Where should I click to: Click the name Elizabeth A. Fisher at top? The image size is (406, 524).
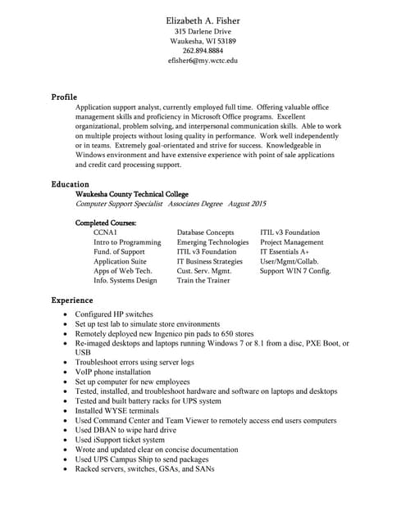pos(203,20)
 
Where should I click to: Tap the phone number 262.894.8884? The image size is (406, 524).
pos(203,51)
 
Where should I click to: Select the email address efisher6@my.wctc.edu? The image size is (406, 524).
pos(203,61)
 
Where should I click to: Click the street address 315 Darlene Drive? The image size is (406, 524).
pos(203,31)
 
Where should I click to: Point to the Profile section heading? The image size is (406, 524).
pos(64,97)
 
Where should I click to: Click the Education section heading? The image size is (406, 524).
pos(71,184)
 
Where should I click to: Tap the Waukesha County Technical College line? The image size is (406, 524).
pos(131,194)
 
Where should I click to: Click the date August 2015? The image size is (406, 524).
pos(247,204)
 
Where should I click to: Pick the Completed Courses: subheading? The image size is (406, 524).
pos(106,223)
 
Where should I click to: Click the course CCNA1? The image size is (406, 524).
pos(105,233)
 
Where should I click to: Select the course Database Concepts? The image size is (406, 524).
pos(205,233)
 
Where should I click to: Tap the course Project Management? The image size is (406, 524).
pos(291,242)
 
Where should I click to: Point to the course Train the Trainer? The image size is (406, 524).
pos(203,281)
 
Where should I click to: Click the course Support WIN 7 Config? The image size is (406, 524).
pos(295,271)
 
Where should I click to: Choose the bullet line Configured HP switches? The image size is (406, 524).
pos(114,314)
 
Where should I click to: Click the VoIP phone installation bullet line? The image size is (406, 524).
pos(113,372)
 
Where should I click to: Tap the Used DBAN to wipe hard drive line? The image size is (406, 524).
pos(125,430)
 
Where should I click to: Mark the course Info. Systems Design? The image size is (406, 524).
pos(125,281)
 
